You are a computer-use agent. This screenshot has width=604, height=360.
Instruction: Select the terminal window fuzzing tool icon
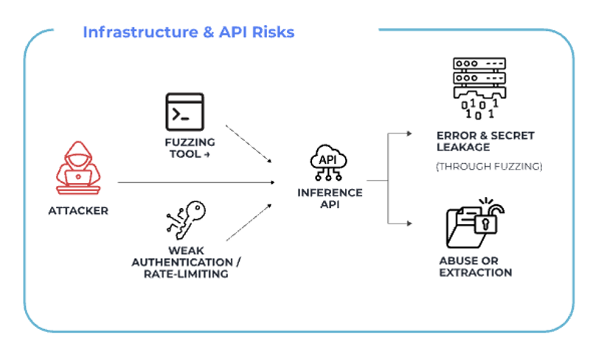point(184,111)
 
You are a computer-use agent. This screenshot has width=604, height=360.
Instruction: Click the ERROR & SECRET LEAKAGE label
point(485,141)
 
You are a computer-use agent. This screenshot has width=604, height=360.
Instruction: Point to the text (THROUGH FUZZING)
point(489,167)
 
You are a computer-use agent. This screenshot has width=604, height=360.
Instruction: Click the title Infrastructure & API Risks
point(188,32)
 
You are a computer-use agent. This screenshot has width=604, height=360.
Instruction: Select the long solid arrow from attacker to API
point(195,181)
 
